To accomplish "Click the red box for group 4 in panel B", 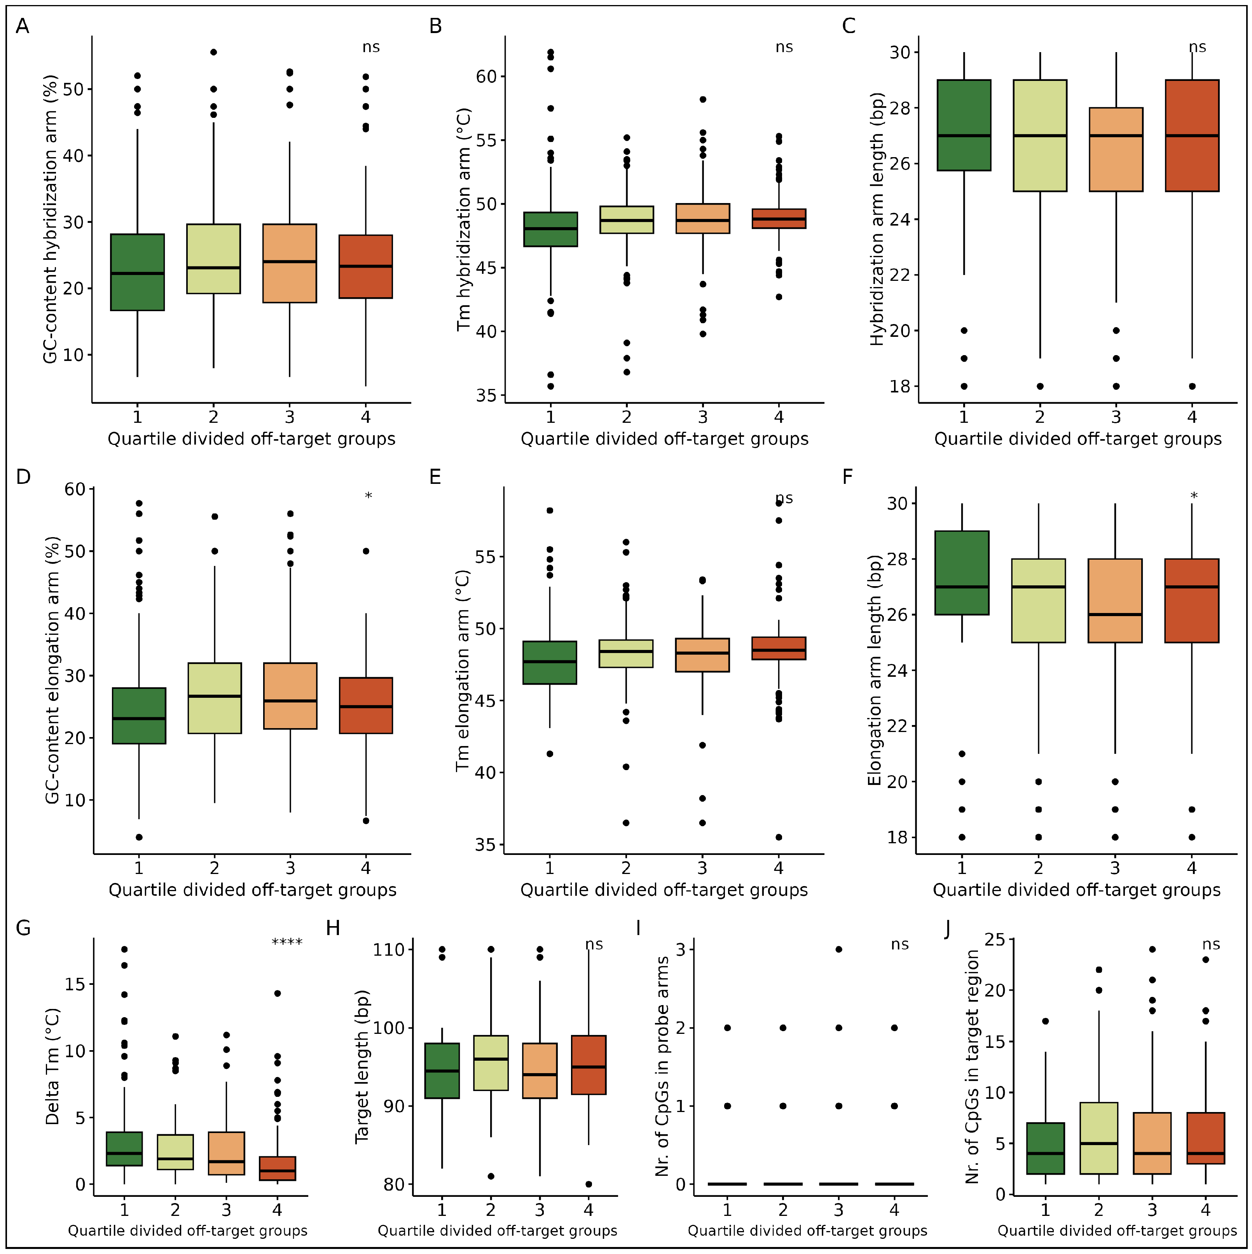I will coord(779,219).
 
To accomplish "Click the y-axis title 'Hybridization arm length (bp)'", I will coord(877,219).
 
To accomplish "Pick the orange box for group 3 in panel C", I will coord(1116,149).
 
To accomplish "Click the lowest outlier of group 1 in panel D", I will coord(139,837).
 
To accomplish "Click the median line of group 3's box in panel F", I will coord(1115,615).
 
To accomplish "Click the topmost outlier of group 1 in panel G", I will coord(124,949).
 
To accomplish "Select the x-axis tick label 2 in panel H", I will coord(491,1210).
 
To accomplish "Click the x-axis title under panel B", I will coord(664,440).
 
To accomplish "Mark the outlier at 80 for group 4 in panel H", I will coord(588,1184).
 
